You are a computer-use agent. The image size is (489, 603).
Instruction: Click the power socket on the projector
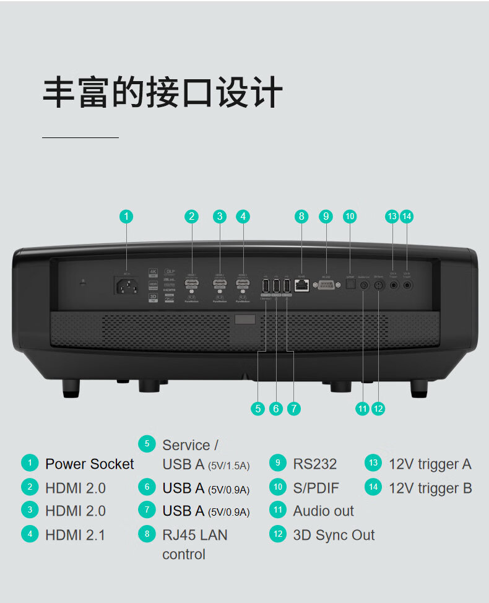point(126,286)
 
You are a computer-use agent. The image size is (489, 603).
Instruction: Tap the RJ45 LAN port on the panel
point(301,285)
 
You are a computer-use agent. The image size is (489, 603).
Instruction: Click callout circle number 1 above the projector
point(126,216)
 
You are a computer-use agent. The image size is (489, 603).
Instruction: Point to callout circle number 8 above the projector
point(301,216)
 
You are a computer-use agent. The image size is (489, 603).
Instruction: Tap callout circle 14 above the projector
point(407,216)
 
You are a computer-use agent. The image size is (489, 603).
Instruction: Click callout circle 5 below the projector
point(258,409)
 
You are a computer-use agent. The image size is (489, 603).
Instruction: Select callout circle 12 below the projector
point(379,409)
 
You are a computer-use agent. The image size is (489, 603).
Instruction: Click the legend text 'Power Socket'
point(89,464)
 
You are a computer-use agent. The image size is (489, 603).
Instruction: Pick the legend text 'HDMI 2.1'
point(75,535)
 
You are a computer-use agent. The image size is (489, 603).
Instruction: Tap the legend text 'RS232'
point(315,464)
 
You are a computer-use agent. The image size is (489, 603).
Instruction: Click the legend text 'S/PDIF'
point(316,488)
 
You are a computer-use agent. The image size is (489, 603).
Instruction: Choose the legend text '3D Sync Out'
point(334,535)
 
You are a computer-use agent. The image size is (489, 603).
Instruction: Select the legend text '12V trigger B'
point(430,488)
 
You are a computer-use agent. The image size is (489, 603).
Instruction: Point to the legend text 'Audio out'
point(323,511)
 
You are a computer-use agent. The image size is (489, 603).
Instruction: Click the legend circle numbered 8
point(147,534)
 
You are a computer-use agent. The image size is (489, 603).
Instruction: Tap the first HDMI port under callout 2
point(192,284)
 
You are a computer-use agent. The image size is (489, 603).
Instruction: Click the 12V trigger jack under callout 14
point(407,285)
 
